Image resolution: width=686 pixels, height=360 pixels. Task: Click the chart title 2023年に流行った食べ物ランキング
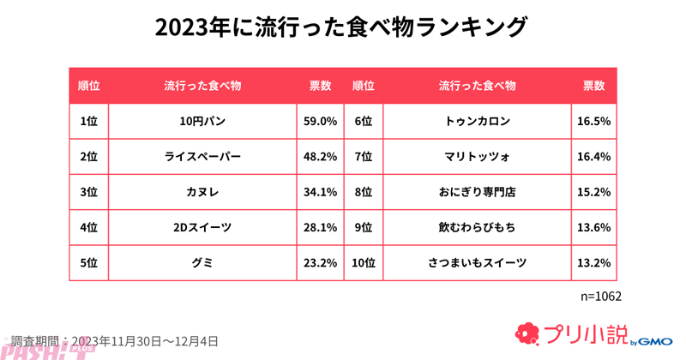342,27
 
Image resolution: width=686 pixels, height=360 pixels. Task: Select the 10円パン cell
202,122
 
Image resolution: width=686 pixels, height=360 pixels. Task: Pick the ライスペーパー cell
202,157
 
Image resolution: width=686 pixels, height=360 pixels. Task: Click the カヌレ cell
202,192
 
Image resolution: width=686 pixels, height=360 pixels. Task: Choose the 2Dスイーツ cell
202,227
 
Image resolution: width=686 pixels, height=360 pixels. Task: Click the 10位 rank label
364,262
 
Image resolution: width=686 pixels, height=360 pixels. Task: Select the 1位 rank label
88,122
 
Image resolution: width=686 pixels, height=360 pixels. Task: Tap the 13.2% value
594,262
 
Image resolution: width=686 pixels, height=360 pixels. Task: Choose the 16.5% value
594,122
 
